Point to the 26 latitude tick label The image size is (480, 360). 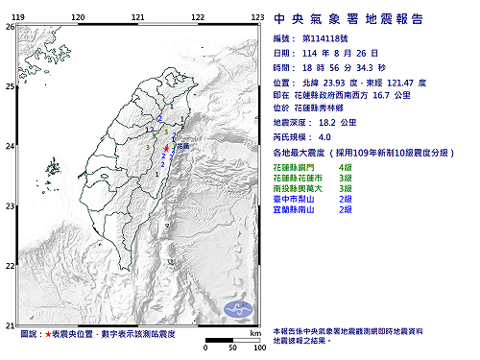(x=9, y=27)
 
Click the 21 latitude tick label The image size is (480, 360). (x=9, y=324)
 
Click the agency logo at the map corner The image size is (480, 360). (x=237, y=307)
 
